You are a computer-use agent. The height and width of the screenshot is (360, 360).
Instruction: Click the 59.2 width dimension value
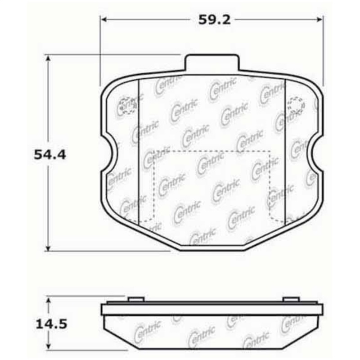coord(211,20)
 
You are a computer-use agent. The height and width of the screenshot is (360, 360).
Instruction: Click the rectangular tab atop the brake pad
coord(211,63)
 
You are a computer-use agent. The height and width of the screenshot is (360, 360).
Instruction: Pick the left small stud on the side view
coord(136,299)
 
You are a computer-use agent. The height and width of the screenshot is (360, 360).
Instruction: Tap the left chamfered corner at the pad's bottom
coord(153,234)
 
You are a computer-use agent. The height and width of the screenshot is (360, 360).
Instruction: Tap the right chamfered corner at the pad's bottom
coord(270,234)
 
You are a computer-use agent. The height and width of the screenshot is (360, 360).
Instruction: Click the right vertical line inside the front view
coord(285,153)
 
